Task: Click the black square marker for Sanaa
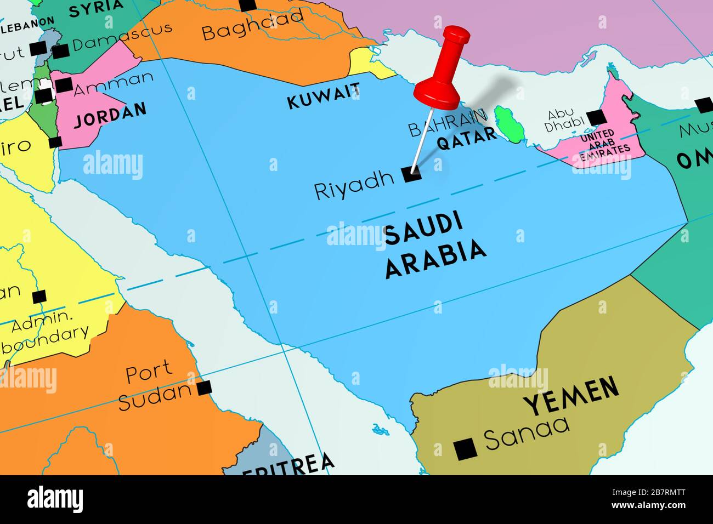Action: (466, 449)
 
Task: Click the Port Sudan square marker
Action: (205, 388)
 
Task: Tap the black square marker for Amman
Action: (64, 85)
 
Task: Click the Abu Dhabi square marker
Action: (596, 117)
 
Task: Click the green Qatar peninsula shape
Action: (507, 123)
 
